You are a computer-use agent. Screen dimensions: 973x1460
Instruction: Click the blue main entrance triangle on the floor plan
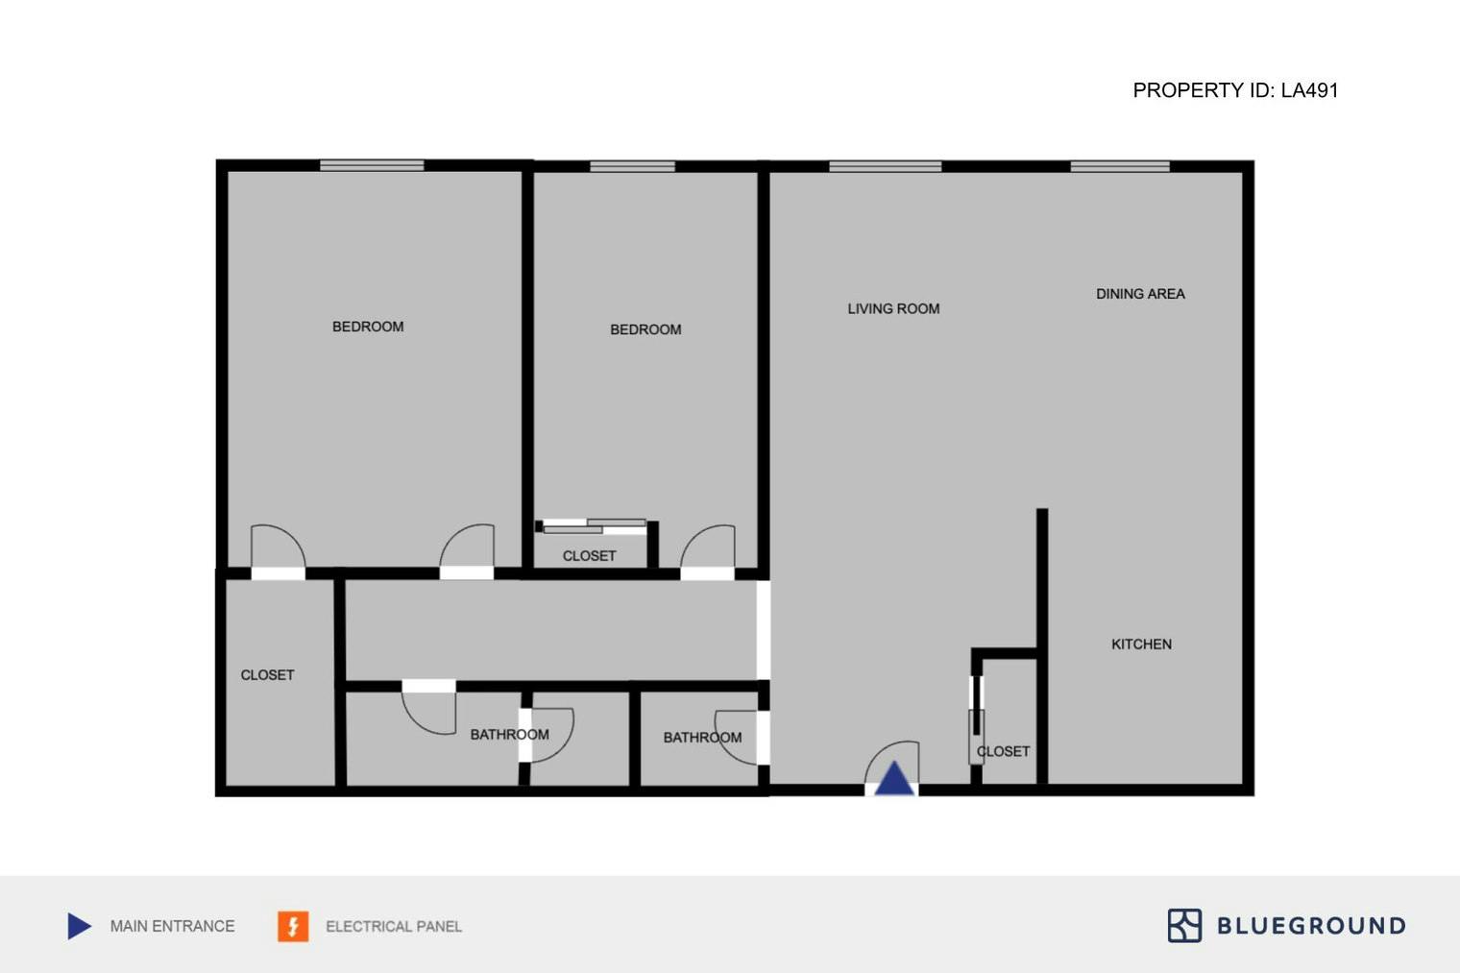coord(893,779)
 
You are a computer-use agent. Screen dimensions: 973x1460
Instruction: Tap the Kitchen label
coord(1141,645)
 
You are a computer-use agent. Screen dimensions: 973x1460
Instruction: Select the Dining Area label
coord(1140,294)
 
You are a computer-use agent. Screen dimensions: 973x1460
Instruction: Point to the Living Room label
coord(893,309)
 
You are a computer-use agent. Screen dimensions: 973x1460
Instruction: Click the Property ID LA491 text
coord(1235,90)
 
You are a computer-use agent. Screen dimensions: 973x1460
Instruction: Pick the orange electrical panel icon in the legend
coord(293,926)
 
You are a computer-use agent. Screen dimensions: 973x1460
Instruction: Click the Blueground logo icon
coord(1184,926)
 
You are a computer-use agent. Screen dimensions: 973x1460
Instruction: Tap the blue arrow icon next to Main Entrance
coord(80,926)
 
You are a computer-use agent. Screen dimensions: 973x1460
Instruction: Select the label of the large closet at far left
coord(267,675)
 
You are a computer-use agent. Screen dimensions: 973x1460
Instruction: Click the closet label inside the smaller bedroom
coord(589,556)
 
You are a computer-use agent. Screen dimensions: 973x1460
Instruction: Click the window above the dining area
coord(1120,167)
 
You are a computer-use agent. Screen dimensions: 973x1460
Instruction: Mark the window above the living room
coord(885,167)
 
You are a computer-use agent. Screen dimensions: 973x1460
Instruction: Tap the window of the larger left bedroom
coord(372,166)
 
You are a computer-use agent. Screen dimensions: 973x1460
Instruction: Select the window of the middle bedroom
coord(632,167)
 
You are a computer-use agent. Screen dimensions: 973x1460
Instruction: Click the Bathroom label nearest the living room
coord(702,738)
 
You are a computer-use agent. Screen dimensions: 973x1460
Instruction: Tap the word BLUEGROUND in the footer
coord(1311,926)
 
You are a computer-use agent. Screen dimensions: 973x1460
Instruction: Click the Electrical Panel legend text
coord(394,927)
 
